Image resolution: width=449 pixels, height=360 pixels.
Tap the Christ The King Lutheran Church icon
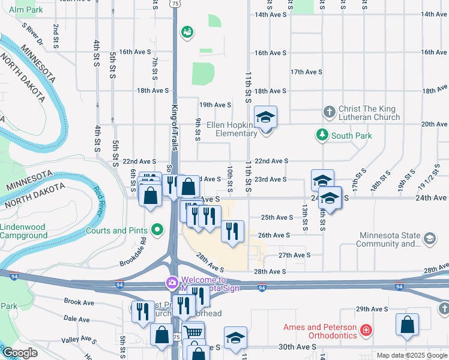(x=329, y=112)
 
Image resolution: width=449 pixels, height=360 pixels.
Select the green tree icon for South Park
(x=322, y=135)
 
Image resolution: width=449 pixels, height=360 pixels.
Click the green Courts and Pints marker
(x=157, y=230)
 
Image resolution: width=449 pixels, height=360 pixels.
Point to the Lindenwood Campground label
(x=24, y=231)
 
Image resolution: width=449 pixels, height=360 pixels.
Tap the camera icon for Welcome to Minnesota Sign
(x=172, y=282)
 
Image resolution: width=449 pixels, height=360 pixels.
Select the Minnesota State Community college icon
(x=430, y=239)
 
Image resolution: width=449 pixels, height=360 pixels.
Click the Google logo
(x=20, y=353)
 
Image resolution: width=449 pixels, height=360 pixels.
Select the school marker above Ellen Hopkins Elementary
(x=265, y=118)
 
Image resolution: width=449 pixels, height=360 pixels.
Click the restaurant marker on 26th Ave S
(x=232, y=231)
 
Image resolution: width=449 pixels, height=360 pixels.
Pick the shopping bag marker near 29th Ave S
(x=406, y=325)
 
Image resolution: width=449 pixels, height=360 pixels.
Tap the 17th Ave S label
(x=306, y=72)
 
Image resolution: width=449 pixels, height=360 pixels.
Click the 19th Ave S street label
(x=215, y=105)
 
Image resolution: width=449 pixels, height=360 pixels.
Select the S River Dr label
(x=32, y=35)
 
